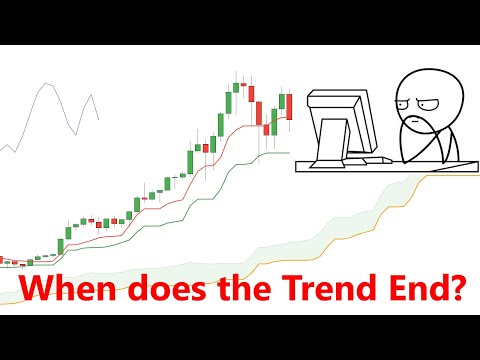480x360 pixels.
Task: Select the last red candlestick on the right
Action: [289, 106]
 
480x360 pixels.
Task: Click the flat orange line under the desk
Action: [450, 176]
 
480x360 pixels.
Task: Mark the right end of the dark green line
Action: [289, 153]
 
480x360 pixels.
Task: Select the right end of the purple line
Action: [99, 119]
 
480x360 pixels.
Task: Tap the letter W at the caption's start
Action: [37, 291]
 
